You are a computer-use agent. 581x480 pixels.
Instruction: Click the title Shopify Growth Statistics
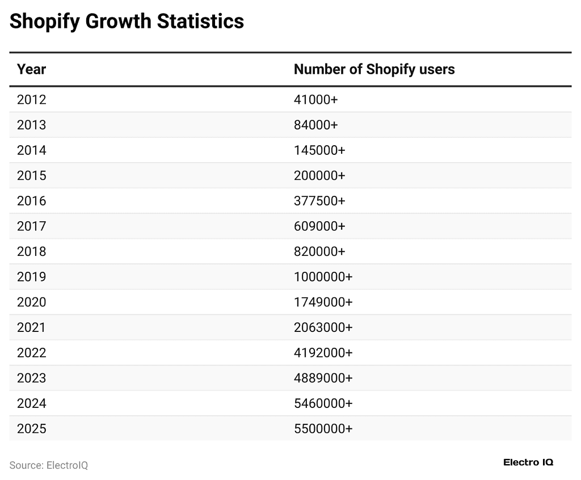[x=127, y=22]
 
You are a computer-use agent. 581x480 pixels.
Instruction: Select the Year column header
[x=31, y=69]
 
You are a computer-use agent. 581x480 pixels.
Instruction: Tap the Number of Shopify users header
[x=374, y=69]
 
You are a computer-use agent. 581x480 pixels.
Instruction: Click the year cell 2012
[x=31, y=100]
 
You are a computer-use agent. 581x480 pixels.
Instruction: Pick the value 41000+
[x=315, y=100]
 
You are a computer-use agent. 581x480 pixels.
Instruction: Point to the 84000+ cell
[x=315, y=125]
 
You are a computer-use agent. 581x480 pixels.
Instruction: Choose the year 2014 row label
[x=31, y=150]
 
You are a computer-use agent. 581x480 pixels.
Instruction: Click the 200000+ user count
[x=319, y=176]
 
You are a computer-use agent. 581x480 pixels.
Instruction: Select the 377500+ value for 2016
[x=319, y=201]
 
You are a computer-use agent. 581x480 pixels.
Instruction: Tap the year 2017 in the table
[x=31, y=226]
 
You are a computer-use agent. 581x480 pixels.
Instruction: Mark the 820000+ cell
[x=319, y=251]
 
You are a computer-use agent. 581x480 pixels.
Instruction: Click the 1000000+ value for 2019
[x=323, y=277]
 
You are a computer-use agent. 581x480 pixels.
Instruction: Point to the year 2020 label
[x=31, y=302]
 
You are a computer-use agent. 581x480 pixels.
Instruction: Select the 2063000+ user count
[x=323, y=327]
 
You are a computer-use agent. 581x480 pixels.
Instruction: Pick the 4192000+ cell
[x=323, y=353]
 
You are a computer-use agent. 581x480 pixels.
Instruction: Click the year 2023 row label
[x=31, y=378]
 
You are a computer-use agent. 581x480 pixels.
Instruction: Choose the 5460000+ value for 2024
[x=323, y=403]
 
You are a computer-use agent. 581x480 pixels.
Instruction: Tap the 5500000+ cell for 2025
[x=323, y=428]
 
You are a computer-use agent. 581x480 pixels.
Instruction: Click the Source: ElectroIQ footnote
[x=49, y=465]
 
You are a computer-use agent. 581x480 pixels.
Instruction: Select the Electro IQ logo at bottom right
[x=528, y=462]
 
